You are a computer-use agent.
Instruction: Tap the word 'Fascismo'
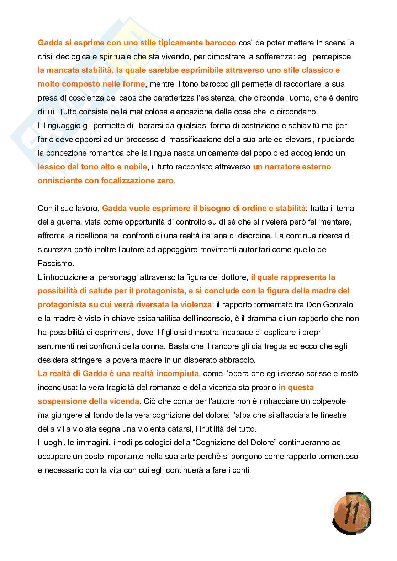coord(55,263)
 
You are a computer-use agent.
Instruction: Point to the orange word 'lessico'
coord(51,167)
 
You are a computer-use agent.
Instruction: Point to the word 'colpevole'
coord(329,401)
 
